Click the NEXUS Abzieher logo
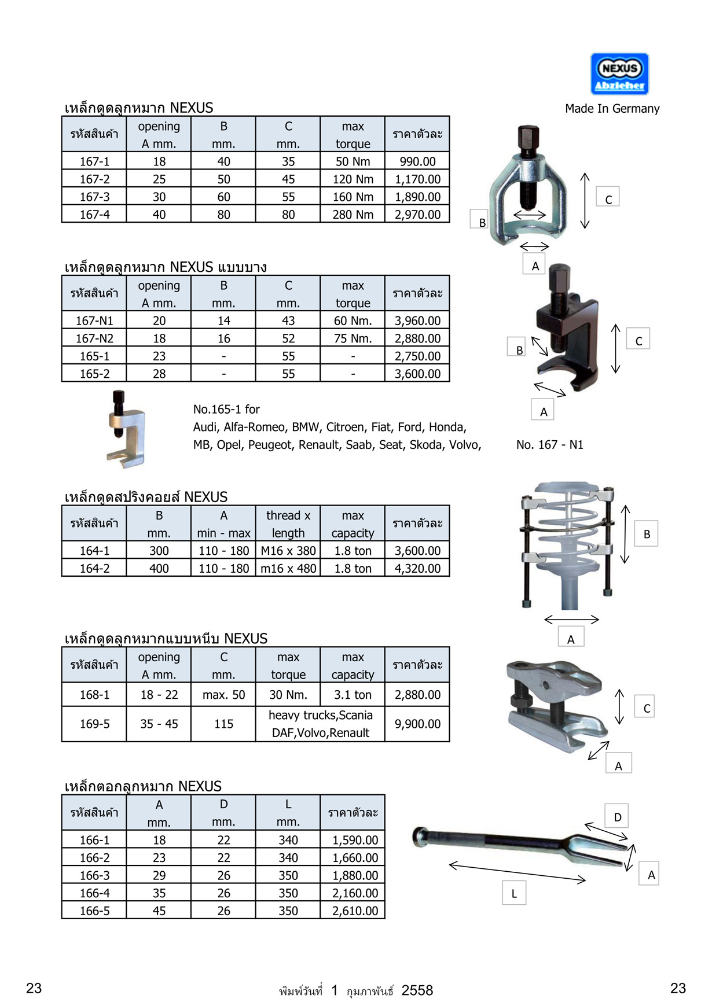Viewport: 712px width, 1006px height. pyautogui.click(x=619, y=74)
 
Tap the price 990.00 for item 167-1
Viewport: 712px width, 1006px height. pyautogui.click(x=417, y=161)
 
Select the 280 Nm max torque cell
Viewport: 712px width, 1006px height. pyautogui.click(x=353, y=215)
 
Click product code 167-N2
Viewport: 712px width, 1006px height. pyautogui.click(x=94, y=338)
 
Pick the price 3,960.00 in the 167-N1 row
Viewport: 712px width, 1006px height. pyautogui.click(x=417, y=320)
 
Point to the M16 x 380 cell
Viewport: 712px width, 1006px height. pyautogui.click(x=288, y=551)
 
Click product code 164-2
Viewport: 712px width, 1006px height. pyautogui.click(x=94, y=569)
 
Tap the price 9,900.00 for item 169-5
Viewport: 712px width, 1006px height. pyautogui.click(x=417, y=724)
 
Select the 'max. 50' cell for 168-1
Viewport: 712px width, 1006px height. pyautogui.click(x=223, y=695)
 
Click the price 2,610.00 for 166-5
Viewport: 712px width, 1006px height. pyautogui.click(x=355, y=911)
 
